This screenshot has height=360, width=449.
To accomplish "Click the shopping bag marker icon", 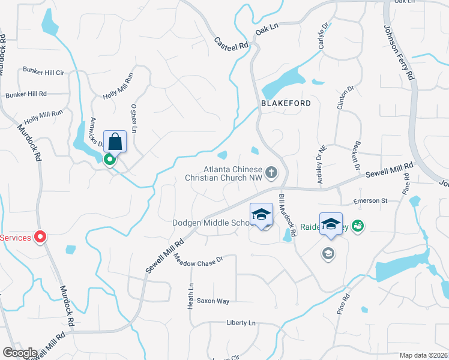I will [x=115, y=143].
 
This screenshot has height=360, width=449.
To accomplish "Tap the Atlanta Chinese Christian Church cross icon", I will [x=271, y=173].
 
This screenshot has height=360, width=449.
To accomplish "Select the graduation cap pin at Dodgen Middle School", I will [x=262, y=214].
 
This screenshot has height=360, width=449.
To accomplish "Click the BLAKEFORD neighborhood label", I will [x=286, y=103].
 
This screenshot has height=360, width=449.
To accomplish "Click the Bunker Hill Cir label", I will [x=43, y=72].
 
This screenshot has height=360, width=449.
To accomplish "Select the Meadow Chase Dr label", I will [x=198, y=259].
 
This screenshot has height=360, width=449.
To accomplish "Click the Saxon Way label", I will [x=213, y=301].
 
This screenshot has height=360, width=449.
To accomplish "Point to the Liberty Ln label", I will [x=241, y=323].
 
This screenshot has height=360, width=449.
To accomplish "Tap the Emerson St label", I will [x=370, y=201].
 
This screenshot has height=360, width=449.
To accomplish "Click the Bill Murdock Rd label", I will [x=288, y=214].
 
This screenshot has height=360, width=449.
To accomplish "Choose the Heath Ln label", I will [x=191, y=295].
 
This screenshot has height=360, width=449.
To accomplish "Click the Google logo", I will [x=20, y=353].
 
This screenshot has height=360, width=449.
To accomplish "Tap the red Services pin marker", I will [x=41, y=238].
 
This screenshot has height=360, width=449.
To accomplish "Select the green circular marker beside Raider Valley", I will [x=359, y=226].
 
